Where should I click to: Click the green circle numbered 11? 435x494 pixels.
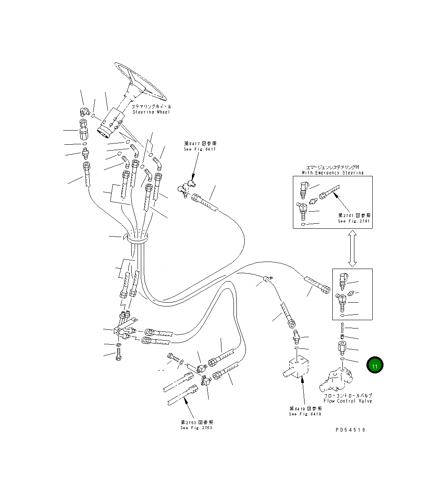374,366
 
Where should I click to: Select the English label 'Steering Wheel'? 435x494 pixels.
151,112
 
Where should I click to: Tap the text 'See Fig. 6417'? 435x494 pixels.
199,149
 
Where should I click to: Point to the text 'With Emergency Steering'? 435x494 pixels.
332,173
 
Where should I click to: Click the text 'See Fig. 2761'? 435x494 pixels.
354,221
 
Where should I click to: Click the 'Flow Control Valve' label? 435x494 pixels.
348,401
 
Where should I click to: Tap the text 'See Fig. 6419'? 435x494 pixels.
305,414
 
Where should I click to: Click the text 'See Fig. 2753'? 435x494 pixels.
196,427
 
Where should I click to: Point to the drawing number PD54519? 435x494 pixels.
350,430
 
